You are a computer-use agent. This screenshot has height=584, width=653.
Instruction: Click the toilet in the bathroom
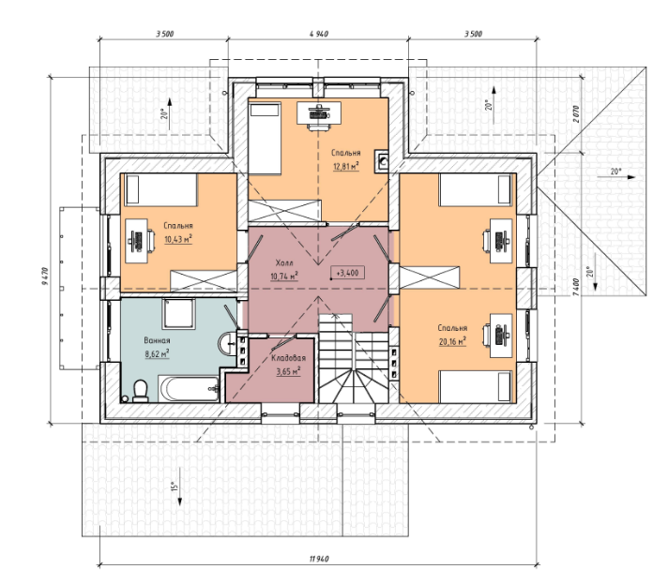[141, 392]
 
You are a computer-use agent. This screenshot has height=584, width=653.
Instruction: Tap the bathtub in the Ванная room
[189, 389]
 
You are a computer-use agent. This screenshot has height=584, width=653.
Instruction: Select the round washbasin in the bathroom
[226, 343]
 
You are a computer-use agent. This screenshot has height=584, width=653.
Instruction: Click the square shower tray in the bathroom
[178, 314]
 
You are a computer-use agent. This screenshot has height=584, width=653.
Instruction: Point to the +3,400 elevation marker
[347, 273]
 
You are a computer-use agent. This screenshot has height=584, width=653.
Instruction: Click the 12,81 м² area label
[346, 167]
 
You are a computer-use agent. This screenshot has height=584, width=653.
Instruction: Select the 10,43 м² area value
[178, 239]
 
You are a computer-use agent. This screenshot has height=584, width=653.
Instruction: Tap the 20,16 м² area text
[452, 341]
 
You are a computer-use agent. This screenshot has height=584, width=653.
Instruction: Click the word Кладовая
[289, 358]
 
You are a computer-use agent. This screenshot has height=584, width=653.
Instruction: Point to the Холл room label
[284, 262]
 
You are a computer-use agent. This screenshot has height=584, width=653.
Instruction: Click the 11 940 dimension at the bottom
[319, 559]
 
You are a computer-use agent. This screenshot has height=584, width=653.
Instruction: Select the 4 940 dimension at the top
[319, 34]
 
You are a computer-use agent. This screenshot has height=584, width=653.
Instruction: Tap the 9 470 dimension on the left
[45, 276]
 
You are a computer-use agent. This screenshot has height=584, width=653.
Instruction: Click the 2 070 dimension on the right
[576, 113]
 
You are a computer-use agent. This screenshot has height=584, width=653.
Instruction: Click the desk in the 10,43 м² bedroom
[137, 241]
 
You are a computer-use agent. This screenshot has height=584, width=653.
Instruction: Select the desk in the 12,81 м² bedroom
[319, 112]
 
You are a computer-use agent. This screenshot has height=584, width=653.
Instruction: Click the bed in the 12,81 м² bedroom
[265, 139]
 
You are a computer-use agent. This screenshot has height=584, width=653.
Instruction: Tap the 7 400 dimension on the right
[575, 287]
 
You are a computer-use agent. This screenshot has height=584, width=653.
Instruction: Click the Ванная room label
[157, 340]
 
